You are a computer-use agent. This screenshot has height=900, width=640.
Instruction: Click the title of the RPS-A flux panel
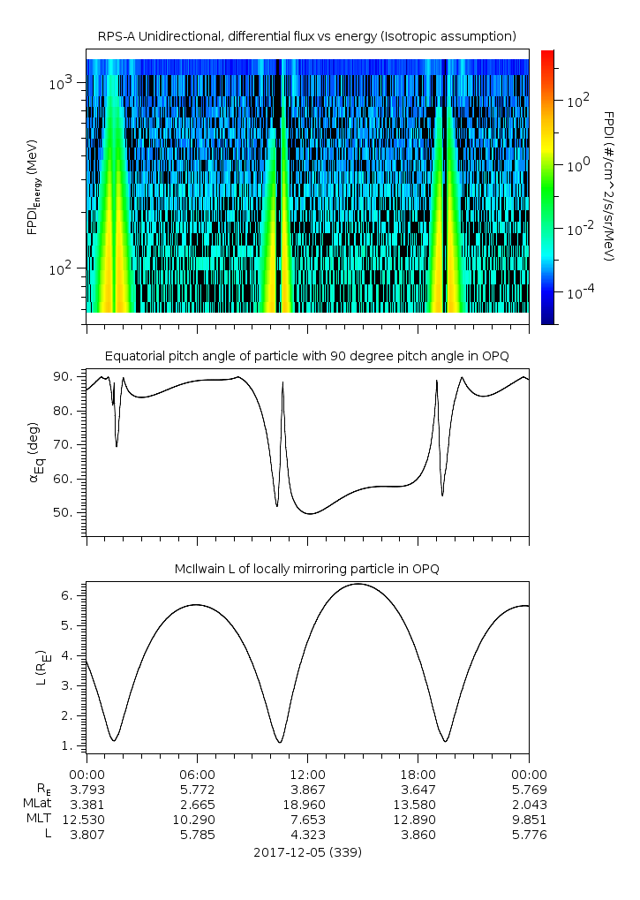click(x=307, y=36)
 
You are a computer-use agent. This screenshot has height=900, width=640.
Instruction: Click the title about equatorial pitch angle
click(x=307, y=356)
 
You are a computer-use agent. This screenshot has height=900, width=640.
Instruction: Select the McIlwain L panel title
click(x=307, y=570)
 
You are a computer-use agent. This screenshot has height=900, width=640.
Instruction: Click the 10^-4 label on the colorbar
click(x=579, y=291)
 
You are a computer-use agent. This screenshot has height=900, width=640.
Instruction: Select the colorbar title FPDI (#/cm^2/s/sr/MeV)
click(x=608, y=186)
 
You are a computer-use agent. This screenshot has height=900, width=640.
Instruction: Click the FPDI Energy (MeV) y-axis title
click(x=33, y=187)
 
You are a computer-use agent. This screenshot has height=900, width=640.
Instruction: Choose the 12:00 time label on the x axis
click(x=307, y=773)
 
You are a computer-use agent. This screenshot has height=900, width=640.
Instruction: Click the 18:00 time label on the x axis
click(x=418, y=773)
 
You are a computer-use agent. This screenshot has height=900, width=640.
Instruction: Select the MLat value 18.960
click(x=307, y=805)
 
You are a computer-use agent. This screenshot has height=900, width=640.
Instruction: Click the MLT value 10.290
click(x=197, y=820)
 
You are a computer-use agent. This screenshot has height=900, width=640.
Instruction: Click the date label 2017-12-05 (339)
click(x=307, y=852)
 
